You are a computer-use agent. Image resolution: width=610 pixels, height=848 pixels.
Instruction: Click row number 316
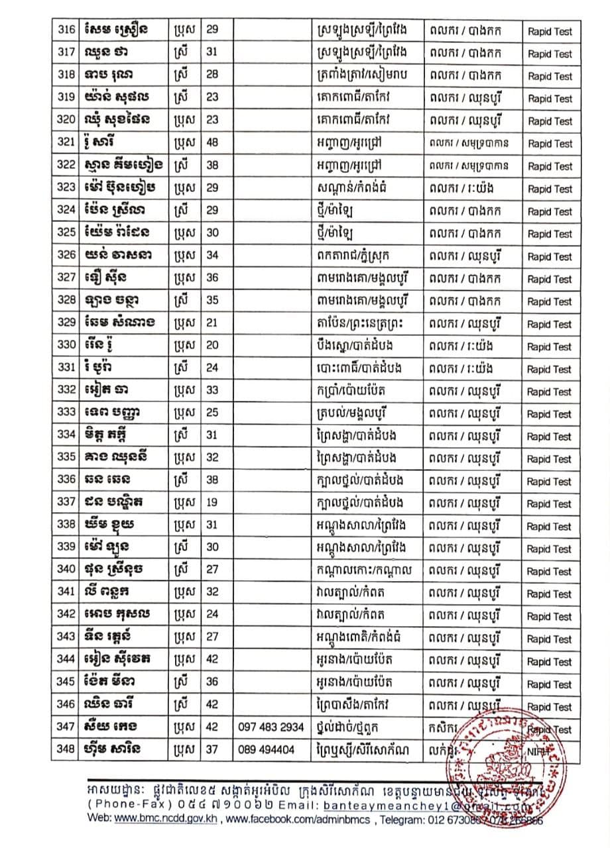click(x=65, y=30)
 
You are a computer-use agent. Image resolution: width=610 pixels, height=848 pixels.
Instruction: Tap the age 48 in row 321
click(x=212, y=143)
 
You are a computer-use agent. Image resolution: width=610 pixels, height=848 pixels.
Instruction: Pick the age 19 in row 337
click(x=212, y=503)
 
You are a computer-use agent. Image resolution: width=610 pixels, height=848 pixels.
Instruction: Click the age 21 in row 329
click(x=212, y=323)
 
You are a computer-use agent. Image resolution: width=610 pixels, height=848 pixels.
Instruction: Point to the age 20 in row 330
click(x=212, y=346)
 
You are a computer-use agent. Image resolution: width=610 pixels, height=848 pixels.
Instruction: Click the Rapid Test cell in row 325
click(x=550, y=234)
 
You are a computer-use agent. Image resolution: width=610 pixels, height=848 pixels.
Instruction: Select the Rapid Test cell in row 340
click(x=550, y=571)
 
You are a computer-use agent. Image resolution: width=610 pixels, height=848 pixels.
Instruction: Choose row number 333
click(x=65, y=413)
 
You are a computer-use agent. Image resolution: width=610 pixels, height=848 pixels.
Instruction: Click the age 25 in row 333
click(x=212, y=413)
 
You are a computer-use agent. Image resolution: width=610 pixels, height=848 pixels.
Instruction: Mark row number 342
click(x=65, y=616)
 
